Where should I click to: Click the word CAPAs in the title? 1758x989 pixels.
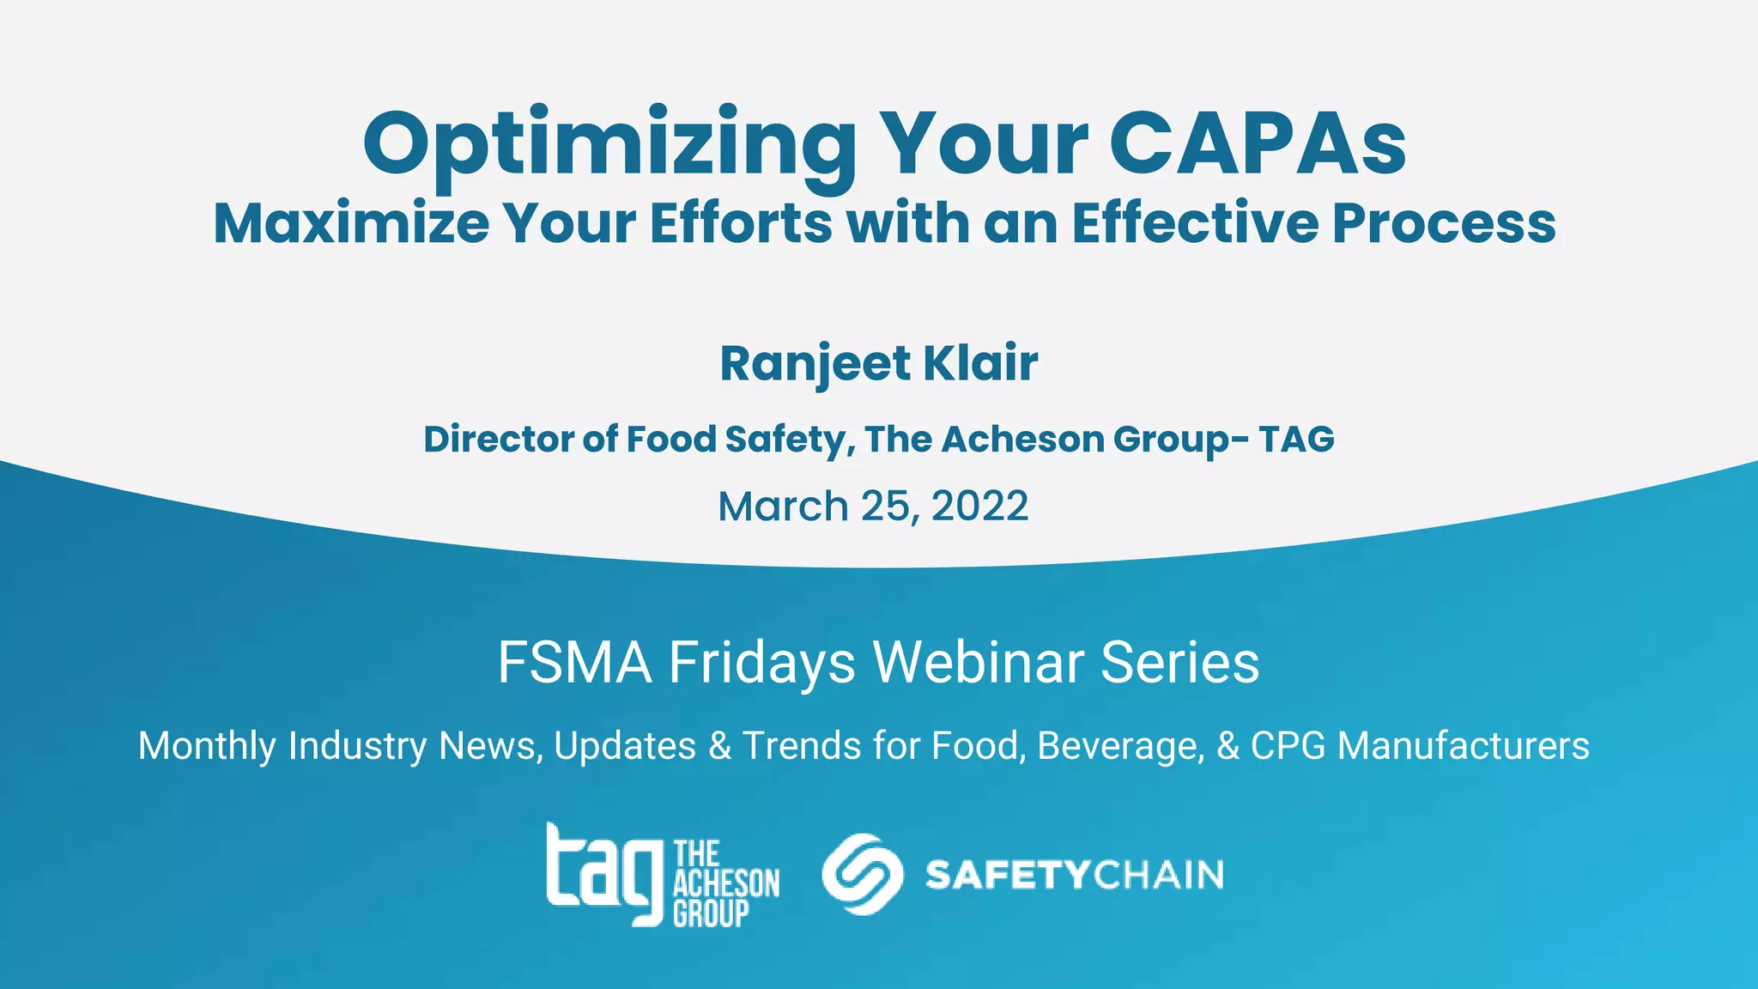[x=1258, y=143]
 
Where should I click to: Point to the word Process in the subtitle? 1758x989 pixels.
[x=1444, y=223]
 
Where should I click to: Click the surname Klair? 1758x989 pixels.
[x=980, y=362]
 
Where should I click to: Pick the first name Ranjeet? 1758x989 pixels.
[x=814, y=364]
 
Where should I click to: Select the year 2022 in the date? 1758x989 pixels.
[x=979, y=506]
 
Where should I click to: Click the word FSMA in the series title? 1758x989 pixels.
[x=574, y=662]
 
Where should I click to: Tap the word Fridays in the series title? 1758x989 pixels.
[x=762, y=664]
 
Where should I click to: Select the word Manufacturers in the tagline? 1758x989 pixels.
[x=1463, y=745]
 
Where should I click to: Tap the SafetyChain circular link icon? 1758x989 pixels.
[x=862, y=874]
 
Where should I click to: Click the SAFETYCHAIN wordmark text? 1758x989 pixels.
[x=1074, y=875]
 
